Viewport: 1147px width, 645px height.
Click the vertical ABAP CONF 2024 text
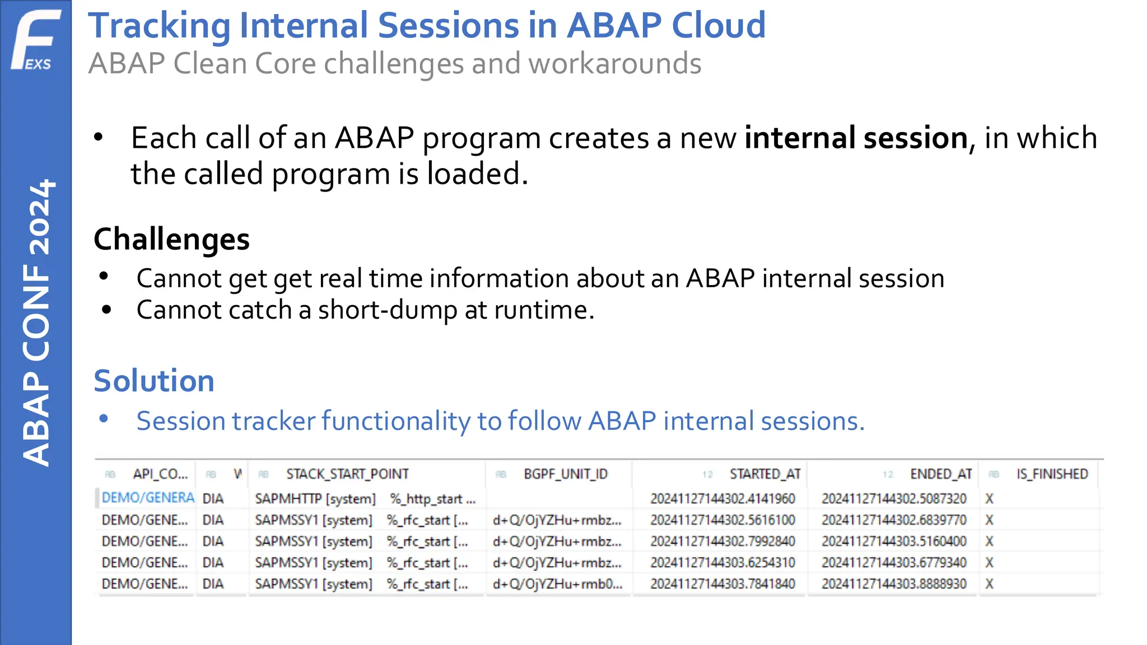coord(37,322)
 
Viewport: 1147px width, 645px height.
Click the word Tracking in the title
coord(159,26)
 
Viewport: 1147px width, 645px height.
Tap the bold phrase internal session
coord(856,138)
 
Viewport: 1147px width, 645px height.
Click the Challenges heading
coord(171,239)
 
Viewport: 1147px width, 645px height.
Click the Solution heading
coord(154,381)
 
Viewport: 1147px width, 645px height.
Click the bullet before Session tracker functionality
coord(104,419)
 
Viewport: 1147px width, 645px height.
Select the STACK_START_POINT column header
coord(347,474)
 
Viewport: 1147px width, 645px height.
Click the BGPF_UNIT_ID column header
coord(565,474)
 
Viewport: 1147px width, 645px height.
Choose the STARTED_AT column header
coord(764,474)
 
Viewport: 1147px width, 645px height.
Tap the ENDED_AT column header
coord(940,474)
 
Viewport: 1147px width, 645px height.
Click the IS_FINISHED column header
coord(1052,474)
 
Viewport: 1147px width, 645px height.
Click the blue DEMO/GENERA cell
coord(148,498)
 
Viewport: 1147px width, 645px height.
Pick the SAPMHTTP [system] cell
coord(315,499)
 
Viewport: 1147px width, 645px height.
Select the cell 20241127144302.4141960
coord(722,498)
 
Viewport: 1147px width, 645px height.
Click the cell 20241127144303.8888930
coord(894,584)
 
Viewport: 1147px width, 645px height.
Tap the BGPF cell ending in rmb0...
coord(557,584)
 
